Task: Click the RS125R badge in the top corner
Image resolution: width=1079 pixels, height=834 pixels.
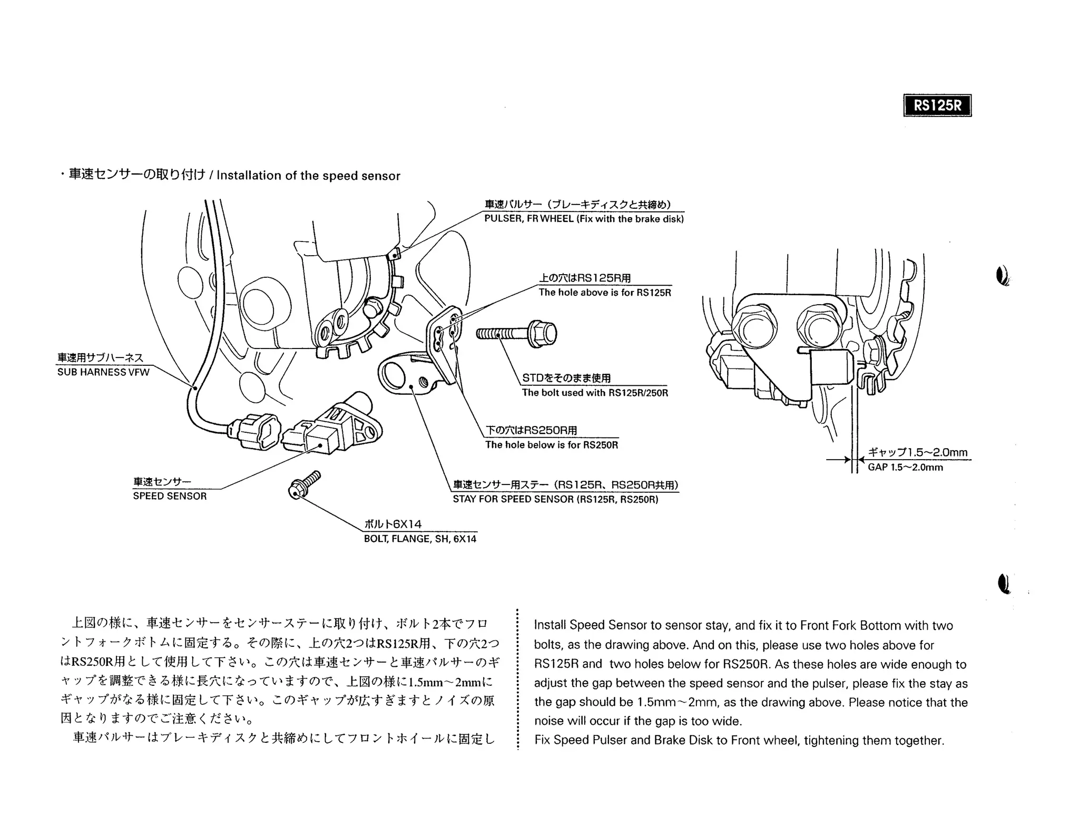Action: click(x=937, y=105)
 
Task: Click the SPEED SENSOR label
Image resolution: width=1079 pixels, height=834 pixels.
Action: click(x=170, y=496)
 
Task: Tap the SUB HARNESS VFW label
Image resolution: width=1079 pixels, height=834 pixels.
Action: click(x=103, y=372)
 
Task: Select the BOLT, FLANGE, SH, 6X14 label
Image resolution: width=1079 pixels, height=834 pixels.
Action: click(x=420, y=539)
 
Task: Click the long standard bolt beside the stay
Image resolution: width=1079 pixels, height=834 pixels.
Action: click(x=516, y=334)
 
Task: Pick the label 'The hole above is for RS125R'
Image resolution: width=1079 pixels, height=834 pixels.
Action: click(x=604, y=293)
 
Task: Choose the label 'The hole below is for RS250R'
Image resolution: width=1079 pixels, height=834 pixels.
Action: click(x=551, y=445)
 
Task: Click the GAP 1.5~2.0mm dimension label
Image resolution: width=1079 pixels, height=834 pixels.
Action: click(x=905, y=467)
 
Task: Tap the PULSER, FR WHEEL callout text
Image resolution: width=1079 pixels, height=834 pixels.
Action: click(x=584, y=219)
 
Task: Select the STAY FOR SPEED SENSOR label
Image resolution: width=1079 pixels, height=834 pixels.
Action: click(x=555, y=499)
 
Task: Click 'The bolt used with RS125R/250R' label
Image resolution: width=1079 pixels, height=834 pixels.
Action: click(x=595, y=393)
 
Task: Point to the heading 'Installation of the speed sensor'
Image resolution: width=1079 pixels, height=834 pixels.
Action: click(x=308, y=176)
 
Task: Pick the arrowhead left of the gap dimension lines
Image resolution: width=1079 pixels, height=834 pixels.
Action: click(x=847, y=460)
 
